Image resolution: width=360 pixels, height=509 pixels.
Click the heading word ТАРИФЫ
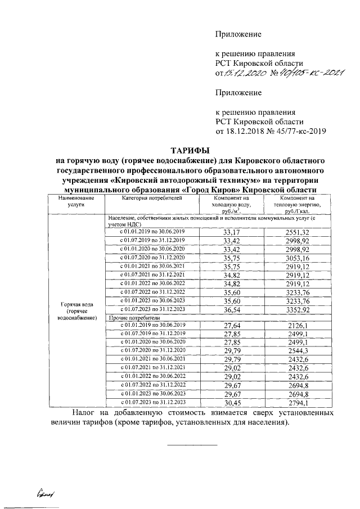[x=190, y=150]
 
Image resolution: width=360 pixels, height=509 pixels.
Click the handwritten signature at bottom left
[x=47, y=493]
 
